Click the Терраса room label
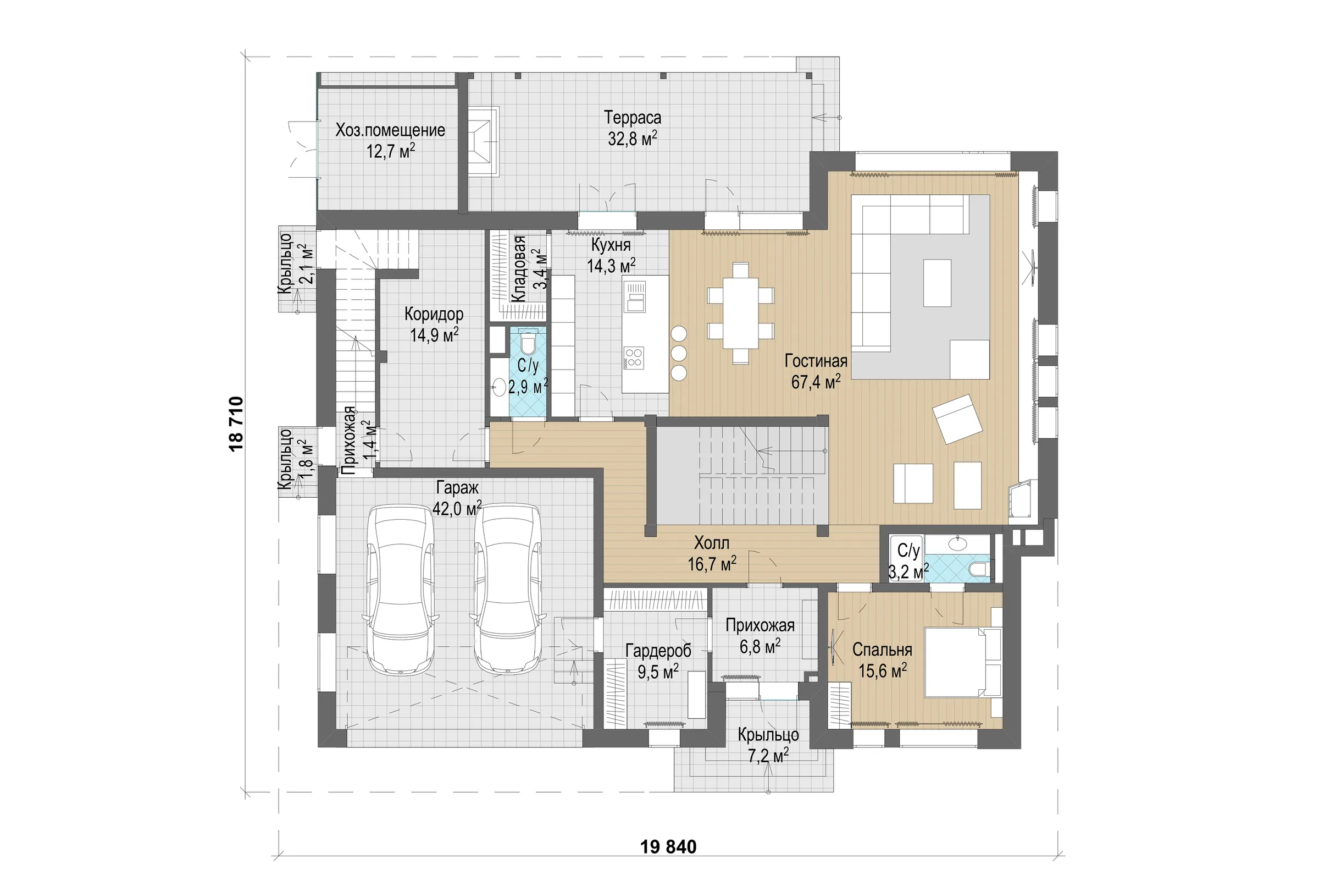632,117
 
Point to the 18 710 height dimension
236,424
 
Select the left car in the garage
400,588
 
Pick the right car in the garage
507,588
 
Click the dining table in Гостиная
740,312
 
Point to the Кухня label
611,245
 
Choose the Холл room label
712,543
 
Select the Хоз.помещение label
390,130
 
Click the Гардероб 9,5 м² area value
658,671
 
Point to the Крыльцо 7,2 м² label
768,744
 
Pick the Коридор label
434,313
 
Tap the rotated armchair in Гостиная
957,419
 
